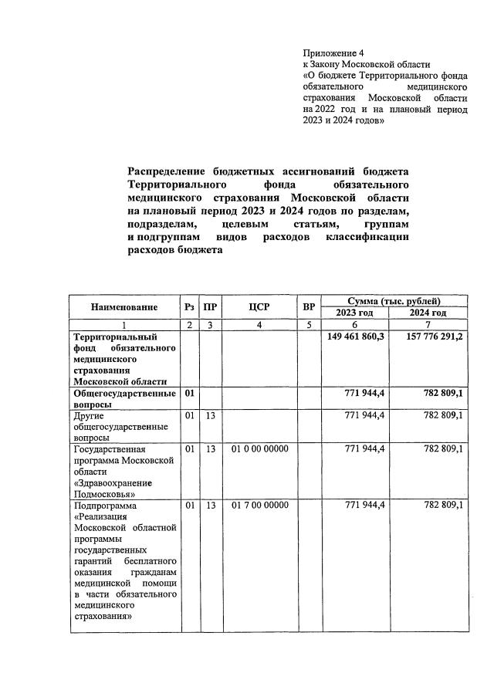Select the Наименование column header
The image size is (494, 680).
click(x=124, y=306)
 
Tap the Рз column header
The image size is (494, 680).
click(x=189, y=306)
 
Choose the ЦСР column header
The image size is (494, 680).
click(x=259, y=306)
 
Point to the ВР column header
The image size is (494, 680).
click(x=310, y=306)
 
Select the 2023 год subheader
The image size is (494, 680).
click(x=354, y=313)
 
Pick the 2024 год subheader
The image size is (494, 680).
click(x=428, y=313)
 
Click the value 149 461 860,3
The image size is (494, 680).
click(x=357, y=337)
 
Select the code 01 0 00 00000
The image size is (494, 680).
click(x=260, y=448)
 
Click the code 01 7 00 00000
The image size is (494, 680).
click(x=260, y=505)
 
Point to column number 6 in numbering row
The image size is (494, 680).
click(x=354, y=325)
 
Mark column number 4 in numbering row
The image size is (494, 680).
click(x=259, y=325)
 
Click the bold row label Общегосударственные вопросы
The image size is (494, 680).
click(x=123, y=398)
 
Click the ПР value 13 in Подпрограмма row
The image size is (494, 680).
click(x=209, y=505)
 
